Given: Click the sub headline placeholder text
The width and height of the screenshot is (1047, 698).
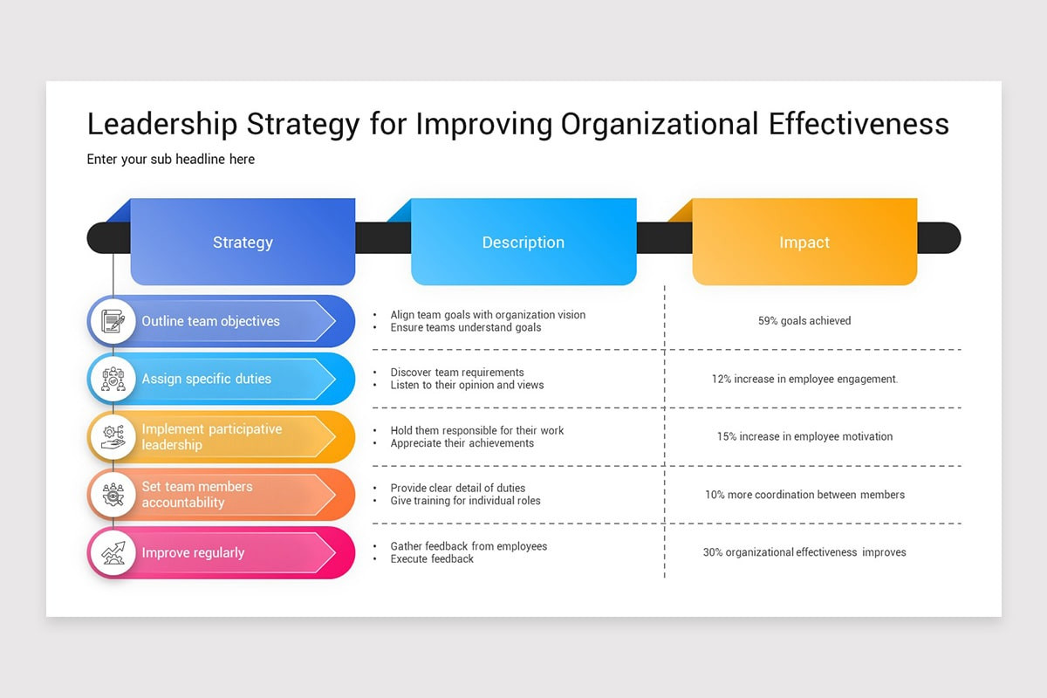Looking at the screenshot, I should [171, 159].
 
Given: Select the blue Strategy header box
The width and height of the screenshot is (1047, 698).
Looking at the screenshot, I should [243, 243].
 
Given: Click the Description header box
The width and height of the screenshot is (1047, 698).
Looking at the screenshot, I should [523, 243].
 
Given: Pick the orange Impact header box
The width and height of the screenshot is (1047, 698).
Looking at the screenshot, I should [804, 243].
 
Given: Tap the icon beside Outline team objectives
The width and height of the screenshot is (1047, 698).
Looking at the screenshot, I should [113, 321].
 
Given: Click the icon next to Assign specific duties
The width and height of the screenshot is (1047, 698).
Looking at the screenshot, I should [113, 379].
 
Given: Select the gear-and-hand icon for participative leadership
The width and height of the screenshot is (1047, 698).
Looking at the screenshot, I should [113, 436].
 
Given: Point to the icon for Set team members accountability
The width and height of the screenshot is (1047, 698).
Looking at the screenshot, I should [113, 495].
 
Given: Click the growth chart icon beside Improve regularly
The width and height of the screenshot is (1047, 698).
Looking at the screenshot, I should [113, 552].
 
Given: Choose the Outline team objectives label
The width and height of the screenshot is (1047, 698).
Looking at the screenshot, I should [211, 321].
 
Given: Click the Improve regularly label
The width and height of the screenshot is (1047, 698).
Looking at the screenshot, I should [193, 552].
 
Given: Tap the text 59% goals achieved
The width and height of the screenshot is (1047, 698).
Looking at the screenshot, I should [804, 321].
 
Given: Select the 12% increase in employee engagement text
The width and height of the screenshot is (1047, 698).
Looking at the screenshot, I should [804, 379].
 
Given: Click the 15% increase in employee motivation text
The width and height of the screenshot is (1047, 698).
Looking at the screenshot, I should [804, 436].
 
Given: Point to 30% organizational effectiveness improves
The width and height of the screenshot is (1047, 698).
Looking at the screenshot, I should [804, 552].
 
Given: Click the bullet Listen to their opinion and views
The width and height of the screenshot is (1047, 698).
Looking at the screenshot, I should [467, 385].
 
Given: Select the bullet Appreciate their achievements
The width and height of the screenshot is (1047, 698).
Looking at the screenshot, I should [462, 443].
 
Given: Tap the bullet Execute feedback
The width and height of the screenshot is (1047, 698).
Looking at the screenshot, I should [432, 558].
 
